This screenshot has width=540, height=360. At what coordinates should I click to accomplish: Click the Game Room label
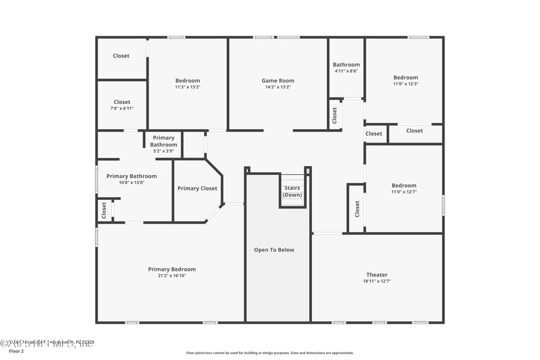pyautogui.click(x=278, y=80)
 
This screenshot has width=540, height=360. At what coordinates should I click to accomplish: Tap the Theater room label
pyautogui.click(x=377, y=275)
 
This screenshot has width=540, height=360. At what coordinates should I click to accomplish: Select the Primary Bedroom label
pyautogui.click(x=172, y=269)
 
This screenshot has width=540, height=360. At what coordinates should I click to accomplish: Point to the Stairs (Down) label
pyautogui.click(x=292, y=191)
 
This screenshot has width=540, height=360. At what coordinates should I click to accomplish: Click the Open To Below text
pyautogui.click(x=274, y=250)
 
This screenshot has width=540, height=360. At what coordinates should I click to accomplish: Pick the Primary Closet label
pyautogui.click(x=197, y=188)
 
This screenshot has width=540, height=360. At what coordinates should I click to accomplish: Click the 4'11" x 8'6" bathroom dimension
pyautogui.click(x=346, y=71)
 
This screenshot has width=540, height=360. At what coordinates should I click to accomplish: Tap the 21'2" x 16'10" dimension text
pyautogui.click(x=172, y=276)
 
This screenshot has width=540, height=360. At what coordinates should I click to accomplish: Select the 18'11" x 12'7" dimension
pyautogui.click(x=377, y=281)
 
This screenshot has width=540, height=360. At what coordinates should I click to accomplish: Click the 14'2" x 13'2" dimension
pyautogui.click(x=278, y=86)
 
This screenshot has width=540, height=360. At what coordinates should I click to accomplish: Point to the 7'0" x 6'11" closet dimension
pyautogui.click(x=122, y=108)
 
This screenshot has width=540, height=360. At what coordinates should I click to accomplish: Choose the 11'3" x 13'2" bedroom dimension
pyautogui.click(x=188, y=86)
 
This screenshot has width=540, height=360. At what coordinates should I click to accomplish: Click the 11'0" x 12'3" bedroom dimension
pyautogui.click(x=406, y=84)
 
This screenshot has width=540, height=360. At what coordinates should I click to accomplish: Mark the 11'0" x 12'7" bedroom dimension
pyautogui.click(x=404, y=192)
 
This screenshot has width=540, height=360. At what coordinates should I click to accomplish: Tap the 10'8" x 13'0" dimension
pyautogui.click(x=132, y=182)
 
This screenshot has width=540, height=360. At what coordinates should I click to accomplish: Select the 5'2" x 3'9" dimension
pyautogui.click(x=163, y=151)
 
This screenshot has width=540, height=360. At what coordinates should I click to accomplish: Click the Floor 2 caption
pyautogui.click(x=16, y=351)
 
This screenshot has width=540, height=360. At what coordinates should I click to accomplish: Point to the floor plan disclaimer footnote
pyautogui.click(x=270, y=353)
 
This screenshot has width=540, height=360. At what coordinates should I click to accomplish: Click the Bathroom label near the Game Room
pyautogui.click(x=346, y=65)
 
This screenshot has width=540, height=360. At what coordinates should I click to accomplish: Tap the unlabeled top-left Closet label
pyautogui.click(x=122, y=56)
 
